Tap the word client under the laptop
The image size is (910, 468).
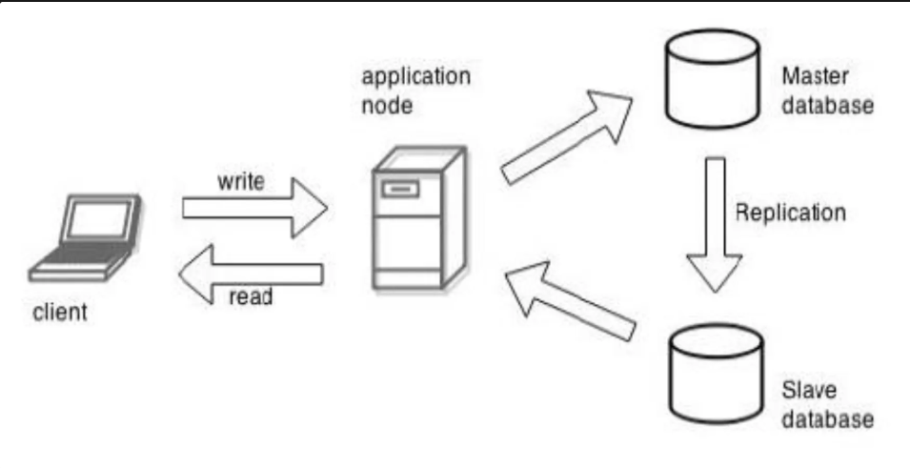[60, 314]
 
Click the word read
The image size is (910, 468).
[251, 297]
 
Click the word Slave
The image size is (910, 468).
[802, 390]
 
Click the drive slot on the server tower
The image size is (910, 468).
[400, 190]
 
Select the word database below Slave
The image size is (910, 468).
[824, 417]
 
